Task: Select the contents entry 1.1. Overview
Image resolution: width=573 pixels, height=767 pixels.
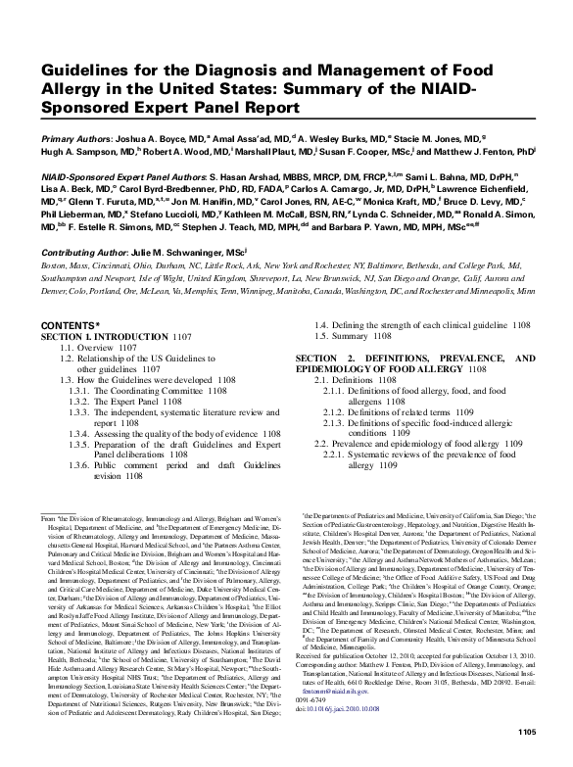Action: pos(93,348)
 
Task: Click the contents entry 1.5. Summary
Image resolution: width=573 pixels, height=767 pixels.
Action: pos(350,336)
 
